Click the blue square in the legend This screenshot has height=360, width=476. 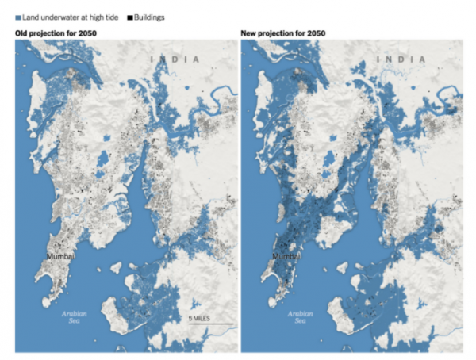click(x=17, y=17)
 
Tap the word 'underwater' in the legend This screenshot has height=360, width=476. click(x=59, y=17)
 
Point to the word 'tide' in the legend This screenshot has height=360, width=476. click(x=113, y=17)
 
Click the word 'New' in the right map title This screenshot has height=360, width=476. click(x=248, y=33)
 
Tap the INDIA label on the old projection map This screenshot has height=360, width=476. click(x=177, y=59)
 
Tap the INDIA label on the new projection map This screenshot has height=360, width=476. click(x=402, y=59)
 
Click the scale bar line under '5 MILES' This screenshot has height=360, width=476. click(x=210, y=324)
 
